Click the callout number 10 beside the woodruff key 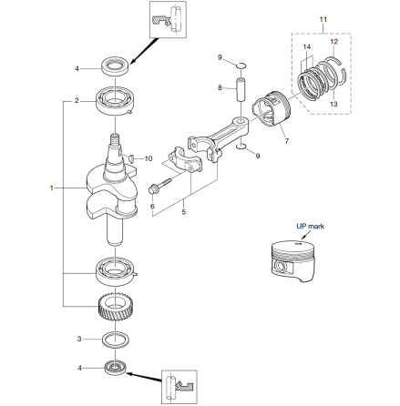tap(149, 158)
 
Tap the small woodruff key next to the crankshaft tap(132, 157)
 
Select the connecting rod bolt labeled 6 tap(159, 186)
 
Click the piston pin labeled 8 tap(241, 90)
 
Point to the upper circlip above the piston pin tap(241, 65)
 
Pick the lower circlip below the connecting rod tap(241, 147)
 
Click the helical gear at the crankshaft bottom tap(116, 308)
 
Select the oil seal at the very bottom tap(115, 368)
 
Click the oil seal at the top tap(116, 66)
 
